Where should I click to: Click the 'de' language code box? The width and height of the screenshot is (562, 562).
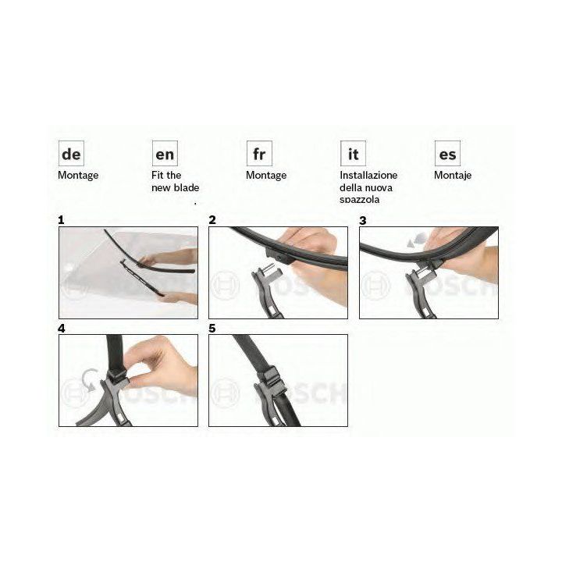pyautogui.click(x=71, y=154)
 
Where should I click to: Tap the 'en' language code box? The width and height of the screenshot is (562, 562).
pyautogui.click(x=165, y=154)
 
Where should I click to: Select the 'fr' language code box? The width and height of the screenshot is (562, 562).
pyautogui.click(x=259, y=154)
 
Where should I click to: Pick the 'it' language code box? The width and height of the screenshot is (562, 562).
pyautogui.click(x=354, y=154)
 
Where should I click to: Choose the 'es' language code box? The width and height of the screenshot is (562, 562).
pyautogui.click(x=448, y=154)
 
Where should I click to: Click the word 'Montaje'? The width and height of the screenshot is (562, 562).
pyautogui.click(x=453, y=176)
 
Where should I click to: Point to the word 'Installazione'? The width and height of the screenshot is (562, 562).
pyautogui.click(x=368, y=176)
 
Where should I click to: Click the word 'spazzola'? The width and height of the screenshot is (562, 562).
pyautogui.click(x=360, y=200)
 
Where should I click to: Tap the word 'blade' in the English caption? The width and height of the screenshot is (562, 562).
pyautogui.click(x=185, y=187)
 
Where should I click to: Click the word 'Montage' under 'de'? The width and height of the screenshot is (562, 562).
pyautogui.click(x=78, y=176)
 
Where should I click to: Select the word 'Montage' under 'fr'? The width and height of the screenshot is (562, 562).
pyautogui.click(x=266, y=176)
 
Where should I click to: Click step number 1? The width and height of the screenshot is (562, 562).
pyautogui.click(x=61, y=220)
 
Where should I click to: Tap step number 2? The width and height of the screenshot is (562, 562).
pyautogui.click(x=212, y=220)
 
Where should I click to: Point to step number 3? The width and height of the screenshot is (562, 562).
pyautogui.click(x=363, y=220)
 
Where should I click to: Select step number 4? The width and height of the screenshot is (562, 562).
pyautogui.click(x=62, y=329)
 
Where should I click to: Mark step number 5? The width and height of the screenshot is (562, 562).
pyautogui.click(x=212, y=329)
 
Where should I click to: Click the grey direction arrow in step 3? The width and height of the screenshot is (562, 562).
pyautogui.click(x=417, y=240)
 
